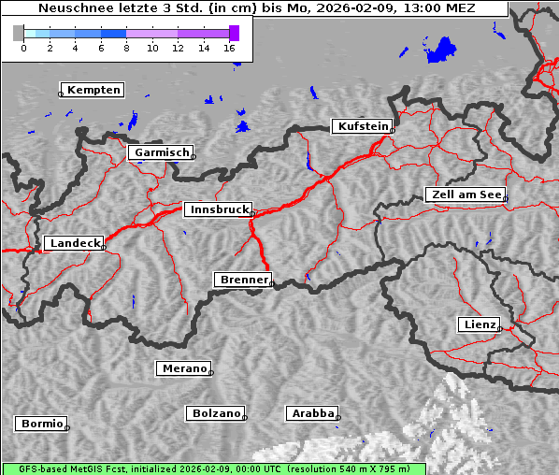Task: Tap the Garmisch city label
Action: click(x=162, y=152)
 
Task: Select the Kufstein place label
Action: click(x=363, y=126)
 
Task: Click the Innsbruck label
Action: click(x=217, y=210)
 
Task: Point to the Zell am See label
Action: click(x=465, y=194)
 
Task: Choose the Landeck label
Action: click(x=74, y=243)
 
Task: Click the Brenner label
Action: click(x=243, y=280)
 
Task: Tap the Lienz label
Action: click(x=479, y=324)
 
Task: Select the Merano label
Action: click(x=183, y=368)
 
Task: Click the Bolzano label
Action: click(x=216, y=413)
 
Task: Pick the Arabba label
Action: click(x=312, y=413)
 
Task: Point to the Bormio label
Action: click(x=41, y=424)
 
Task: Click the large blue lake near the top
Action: click(x=442, y=50)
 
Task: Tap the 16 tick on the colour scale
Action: click(x=230, y=48)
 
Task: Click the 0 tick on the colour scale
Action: click(x=23, y=48)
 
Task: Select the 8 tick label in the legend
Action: click(x=126, y=48)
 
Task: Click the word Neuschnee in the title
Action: click(x=71, y=8)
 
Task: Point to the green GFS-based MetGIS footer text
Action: click(x=213, y=468)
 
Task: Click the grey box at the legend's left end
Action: click(x=18, y=33)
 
